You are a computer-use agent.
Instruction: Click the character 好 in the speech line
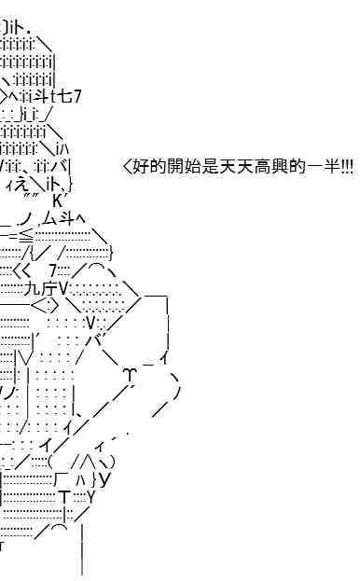click(141, 166)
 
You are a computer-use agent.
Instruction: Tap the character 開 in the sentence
click(175, 166)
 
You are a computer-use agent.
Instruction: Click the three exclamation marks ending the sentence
click(347, 166)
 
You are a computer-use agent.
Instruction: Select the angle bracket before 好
click(127, 166)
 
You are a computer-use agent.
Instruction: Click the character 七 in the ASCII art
click(65, 97)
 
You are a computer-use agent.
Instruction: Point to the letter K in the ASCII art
click(58, 201)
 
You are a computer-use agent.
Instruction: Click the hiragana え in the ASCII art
click(21, 184)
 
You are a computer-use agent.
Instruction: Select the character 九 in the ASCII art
click(33, 289)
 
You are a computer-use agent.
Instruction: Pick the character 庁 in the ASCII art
click(49, 289)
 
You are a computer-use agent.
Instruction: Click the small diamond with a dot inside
click(45, 306)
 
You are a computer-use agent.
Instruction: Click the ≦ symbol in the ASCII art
click(26, 236)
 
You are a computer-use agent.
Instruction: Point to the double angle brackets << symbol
click(21, 271)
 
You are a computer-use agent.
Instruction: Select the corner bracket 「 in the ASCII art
click(60, 478)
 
